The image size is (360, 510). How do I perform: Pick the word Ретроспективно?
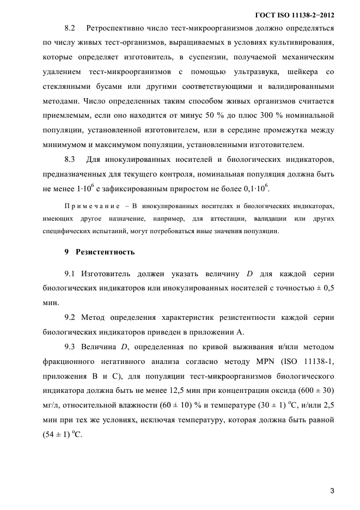pos(115,27)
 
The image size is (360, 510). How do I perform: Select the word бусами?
pos(102,86)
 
